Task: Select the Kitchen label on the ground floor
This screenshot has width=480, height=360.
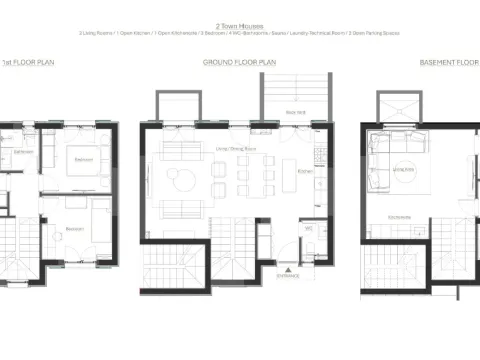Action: [x=306, y=170]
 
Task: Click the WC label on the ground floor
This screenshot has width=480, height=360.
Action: [x=310, y=228]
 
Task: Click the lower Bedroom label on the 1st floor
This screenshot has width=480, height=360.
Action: [x=73, y=228]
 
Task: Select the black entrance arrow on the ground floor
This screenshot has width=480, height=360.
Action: [x=287, y=261]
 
